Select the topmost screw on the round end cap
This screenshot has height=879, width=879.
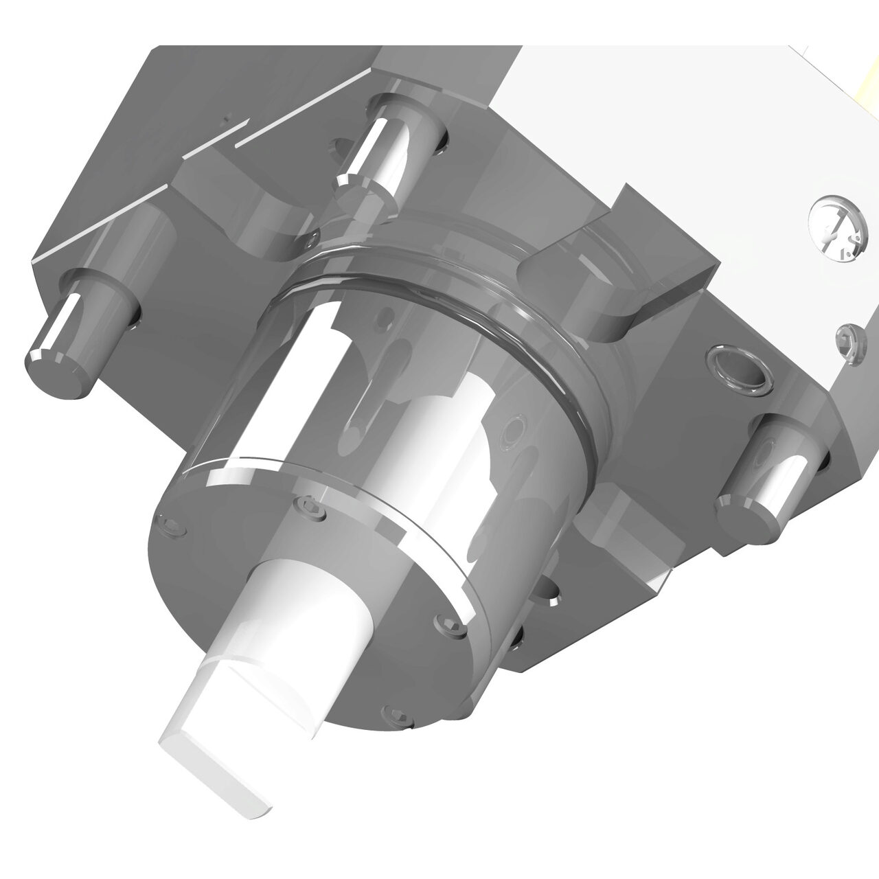click(313, 508)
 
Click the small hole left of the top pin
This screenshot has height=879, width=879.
click(338, 145)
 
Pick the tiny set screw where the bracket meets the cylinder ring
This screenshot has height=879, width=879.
click(313, 238)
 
